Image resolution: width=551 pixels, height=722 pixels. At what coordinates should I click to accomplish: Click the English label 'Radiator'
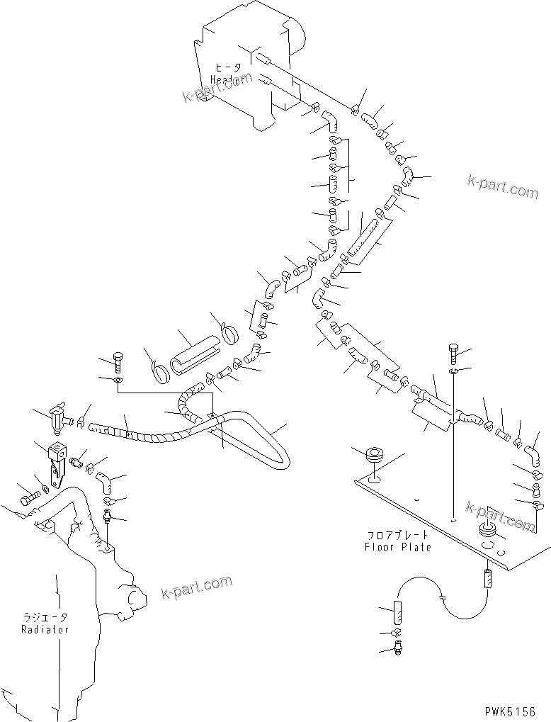tap(45, 628)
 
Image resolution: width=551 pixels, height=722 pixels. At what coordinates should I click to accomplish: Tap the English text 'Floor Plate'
tap(397, 547)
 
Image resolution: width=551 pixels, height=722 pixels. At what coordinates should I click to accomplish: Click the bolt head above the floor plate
tap(453, 351)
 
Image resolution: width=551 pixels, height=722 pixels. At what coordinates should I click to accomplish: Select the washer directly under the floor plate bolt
tap(453, 372)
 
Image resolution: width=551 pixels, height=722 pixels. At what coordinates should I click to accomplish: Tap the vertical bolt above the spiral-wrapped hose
tap(118, 362)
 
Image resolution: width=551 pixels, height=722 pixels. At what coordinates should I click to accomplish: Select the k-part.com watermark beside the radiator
tap(196, 586)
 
